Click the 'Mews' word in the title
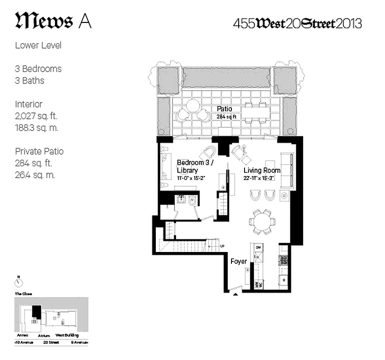pos(44,21)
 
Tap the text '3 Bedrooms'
pos(38,69)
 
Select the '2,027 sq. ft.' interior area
pos(36,116)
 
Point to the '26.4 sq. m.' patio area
pos(35,175)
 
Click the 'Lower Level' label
pos(38,45)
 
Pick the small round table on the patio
pos(193,106)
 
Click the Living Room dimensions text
pos(262,178)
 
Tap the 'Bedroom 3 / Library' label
pos(192,166)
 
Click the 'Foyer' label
pos(238,261)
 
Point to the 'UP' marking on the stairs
pos(222,246)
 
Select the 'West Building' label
pos(67,335)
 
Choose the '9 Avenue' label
pos(80,343)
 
